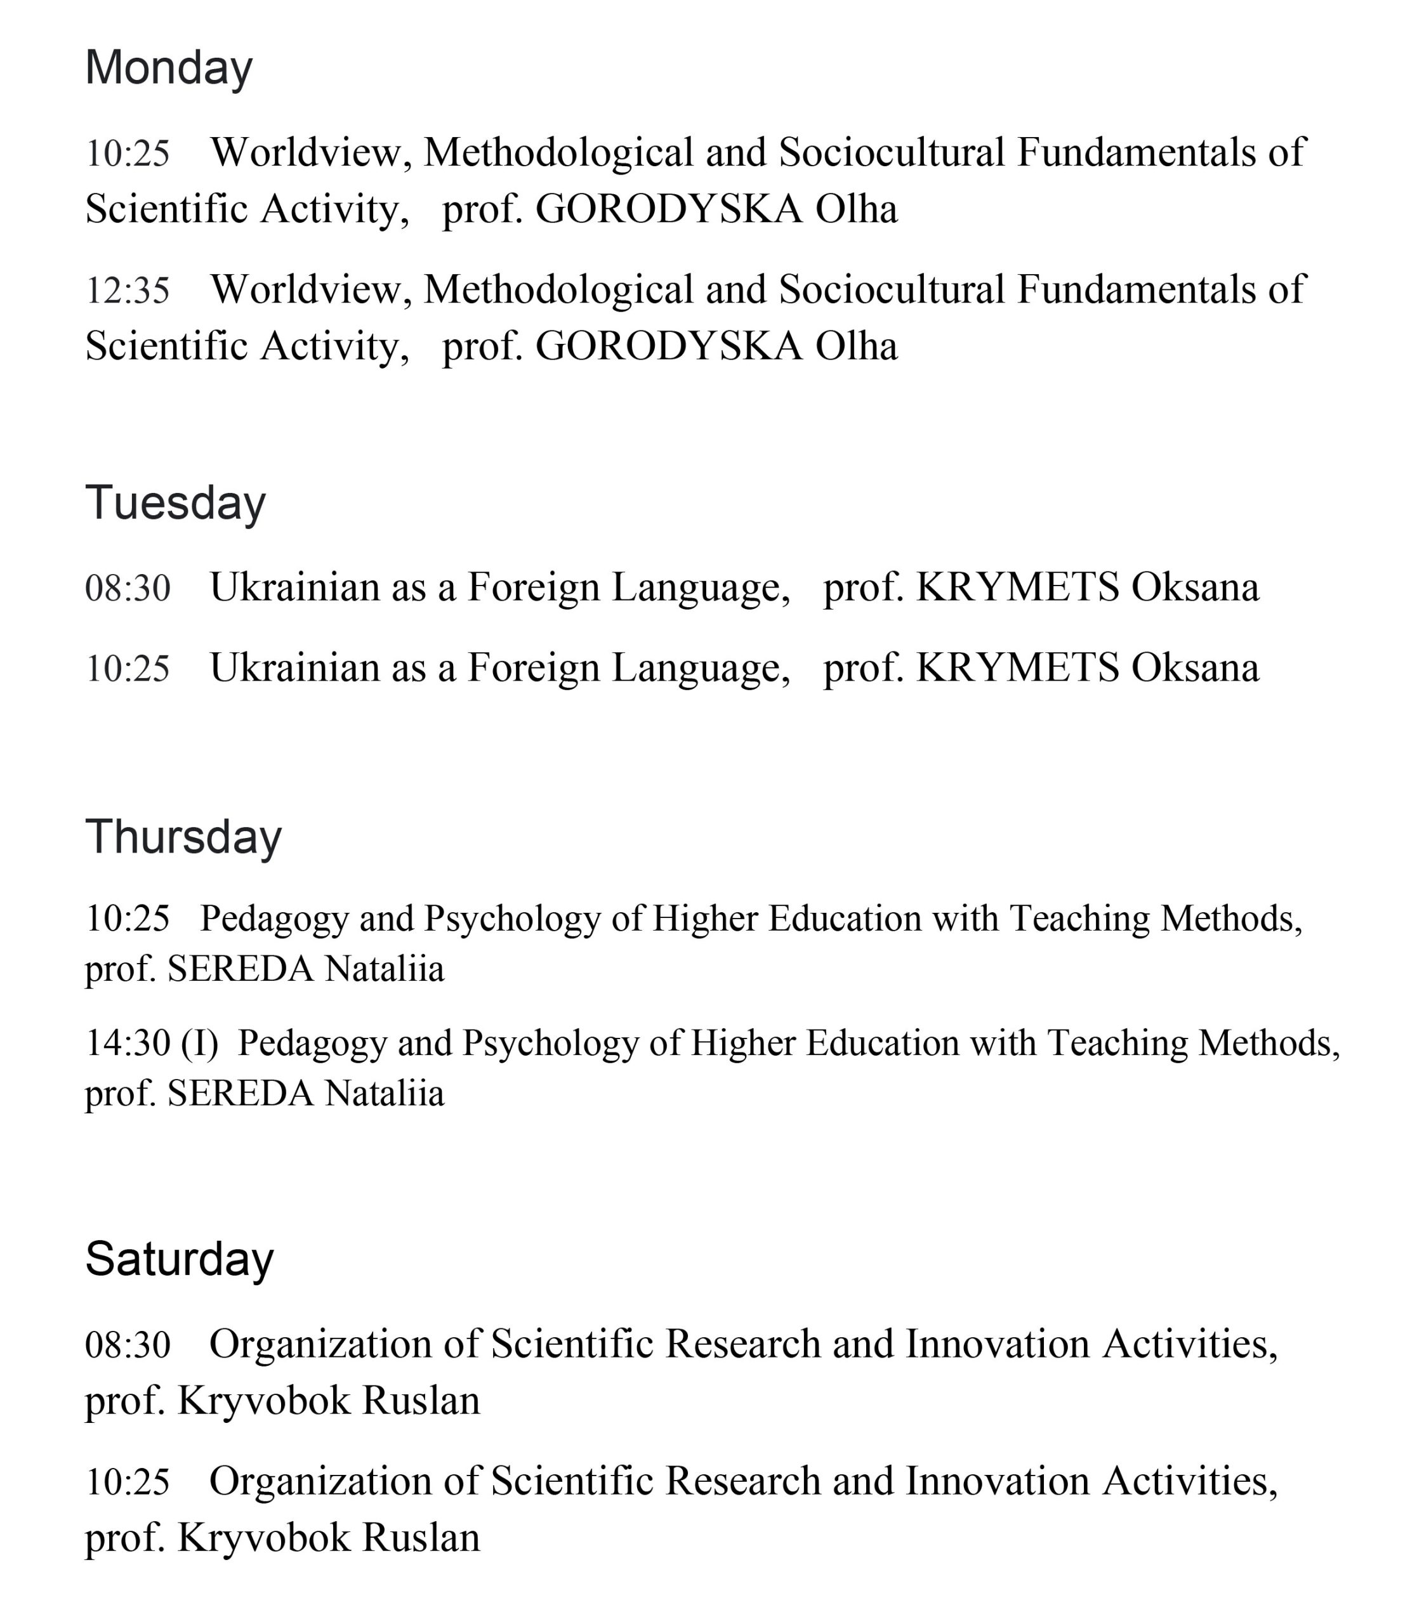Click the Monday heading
tap(168, 68)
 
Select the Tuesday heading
tap(176, 503)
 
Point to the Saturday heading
tap(180, 1259)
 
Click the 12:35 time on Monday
tap(128, 290)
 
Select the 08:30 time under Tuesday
tap(128, 588)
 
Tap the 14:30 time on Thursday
tap(128, 1044)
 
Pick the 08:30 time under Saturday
tap(128, 1345)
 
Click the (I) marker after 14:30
tap(199, 1044)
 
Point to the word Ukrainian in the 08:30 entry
tap(294, 587)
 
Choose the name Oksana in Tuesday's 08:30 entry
tap(1195, 587)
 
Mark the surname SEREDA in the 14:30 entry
tap(241, 1094)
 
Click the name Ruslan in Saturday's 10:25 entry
tap(421, 1538)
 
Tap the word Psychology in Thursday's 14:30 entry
tap(550, 1044)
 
